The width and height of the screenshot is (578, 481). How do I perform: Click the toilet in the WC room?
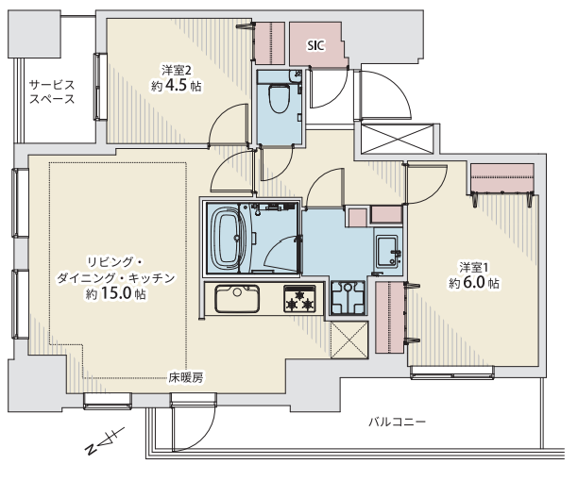[x=279, y=98]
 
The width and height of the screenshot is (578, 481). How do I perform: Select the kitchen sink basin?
[x=237, y=298]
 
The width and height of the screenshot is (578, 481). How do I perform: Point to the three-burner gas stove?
[x=299, y=298]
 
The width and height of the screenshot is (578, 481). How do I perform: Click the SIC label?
[x=315, y=45]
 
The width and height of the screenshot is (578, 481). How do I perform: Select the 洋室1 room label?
[x=474, y=267]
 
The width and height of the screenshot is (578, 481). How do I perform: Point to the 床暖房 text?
[x=186, y=377]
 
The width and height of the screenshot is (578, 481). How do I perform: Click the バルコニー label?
[x=398, y=422]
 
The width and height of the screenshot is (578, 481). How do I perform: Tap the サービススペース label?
[x=52, y=91]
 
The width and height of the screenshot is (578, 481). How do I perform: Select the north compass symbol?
[x=104, y=440]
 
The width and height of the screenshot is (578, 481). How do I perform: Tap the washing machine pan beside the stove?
[x=348, y=297]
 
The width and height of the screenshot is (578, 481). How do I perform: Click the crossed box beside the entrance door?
[x=397, y=139]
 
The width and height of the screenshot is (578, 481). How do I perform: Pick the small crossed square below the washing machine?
[x=349, y=340]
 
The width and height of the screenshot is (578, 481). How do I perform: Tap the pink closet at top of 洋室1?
[x=502, y=178]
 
